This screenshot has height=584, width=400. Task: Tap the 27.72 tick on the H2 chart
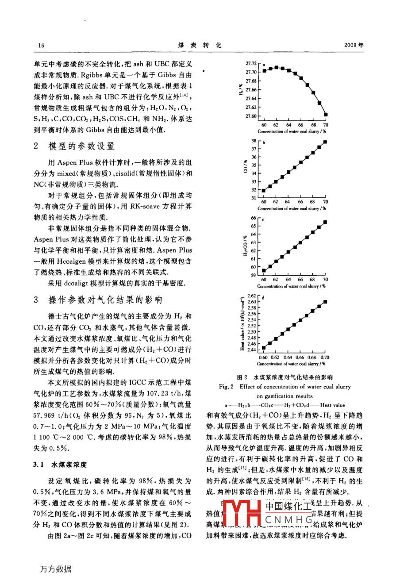click(251, 64)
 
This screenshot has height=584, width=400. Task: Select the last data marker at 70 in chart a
click(326, 115)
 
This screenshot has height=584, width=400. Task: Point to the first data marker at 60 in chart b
click(264, 191)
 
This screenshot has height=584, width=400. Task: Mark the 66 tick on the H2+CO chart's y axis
click(254, 218)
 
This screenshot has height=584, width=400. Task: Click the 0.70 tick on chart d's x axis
click(325, 357)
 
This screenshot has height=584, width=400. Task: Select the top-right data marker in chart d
click(326, 302)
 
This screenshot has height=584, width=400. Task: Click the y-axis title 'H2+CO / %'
click(245, 246)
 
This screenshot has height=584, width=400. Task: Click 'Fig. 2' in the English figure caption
click(226, 387)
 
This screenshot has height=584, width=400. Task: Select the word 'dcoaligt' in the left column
click(82, 283)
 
